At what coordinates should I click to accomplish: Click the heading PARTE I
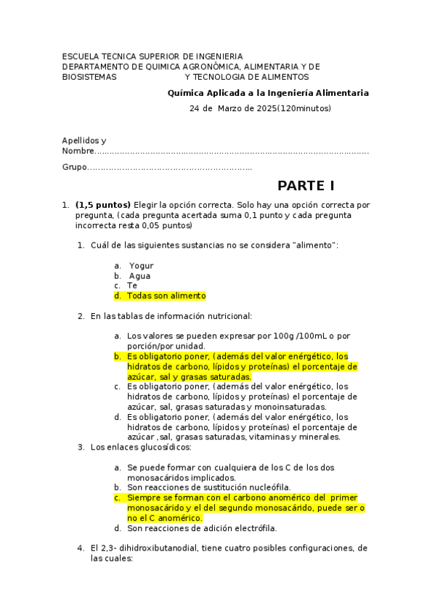point(305,185)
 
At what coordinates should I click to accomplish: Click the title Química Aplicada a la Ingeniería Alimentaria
point(268,93)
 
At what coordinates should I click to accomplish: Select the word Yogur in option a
point(141,266)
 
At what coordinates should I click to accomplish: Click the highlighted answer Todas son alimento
point(166,296)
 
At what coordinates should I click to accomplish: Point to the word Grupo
point(73,168)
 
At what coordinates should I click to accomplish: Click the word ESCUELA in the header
point(81,56)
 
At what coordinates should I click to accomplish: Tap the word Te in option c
point(131,285)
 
